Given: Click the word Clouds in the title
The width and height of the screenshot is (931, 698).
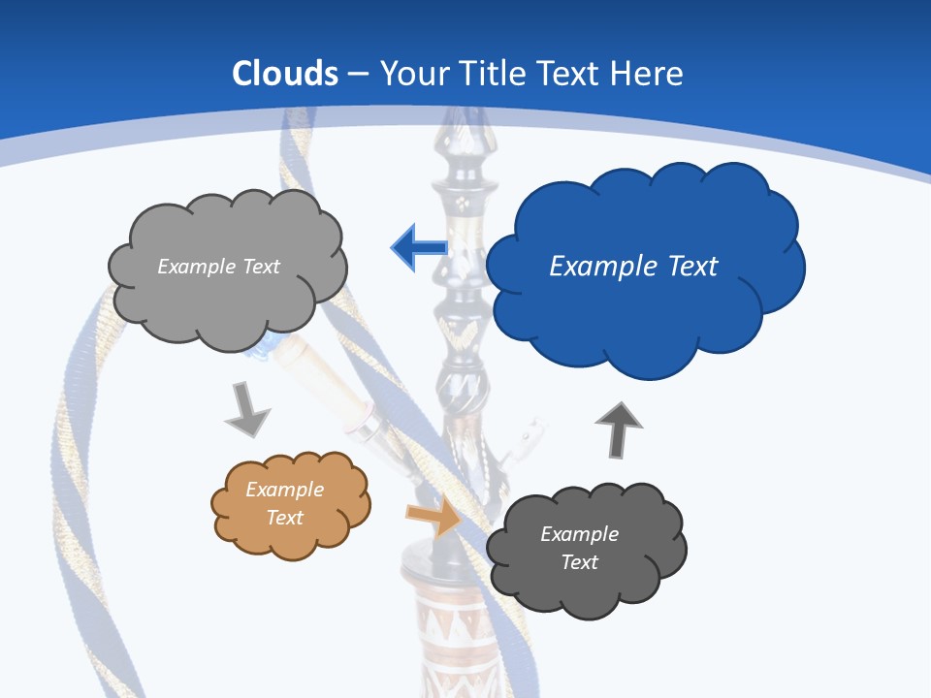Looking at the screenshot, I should [x=285, y=74].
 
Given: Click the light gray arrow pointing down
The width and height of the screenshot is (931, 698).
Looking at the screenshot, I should [x=246, y=410].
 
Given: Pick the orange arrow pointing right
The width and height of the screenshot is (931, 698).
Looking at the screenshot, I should [x=434, y=516].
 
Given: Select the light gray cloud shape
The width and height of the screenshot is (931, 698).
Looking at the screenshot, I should [x=228, y=301].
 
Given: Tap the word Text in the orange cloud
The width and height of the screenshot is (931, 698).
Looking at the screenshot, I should [x=285, y=518].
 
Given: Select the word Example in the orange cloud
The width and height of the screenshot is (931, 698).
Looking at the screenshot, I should [x=285, y=490].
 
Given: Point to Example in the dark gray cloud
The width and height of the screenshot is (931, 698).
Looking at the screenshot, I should [x=579, y=534].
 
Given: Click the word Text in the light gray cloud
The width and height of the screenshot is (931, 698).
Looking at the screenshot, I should [x=261, y=267].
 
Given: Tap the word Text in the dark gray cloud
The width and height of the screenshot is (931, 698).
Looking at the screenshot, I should [x=579, y=562].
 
